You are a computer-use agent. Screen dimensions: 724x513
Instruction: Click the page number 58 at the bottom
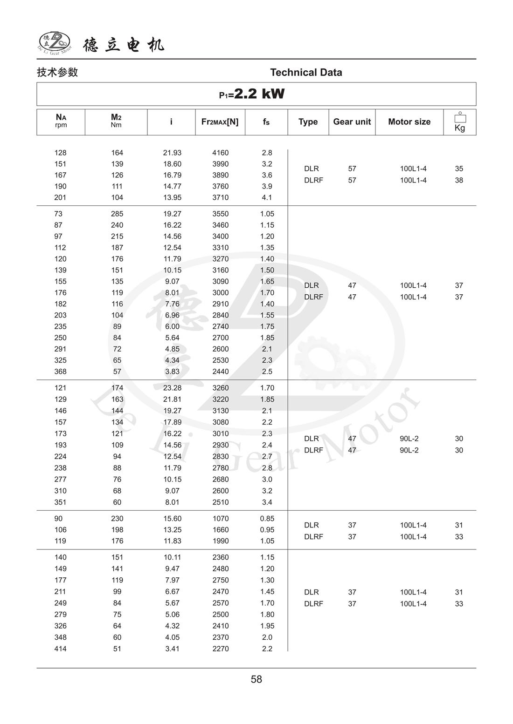pyautogui.click(x=256, y=679)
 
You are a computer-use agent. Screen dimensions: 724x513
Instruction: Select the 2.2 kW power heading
pyautogui.click(x=252, y=94)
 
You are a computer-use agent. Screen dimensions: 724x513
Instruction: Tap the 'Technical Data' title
pyautogui.click(x=306, y=72)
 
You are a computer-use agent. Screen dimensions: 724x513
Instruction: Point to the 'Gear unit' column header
pyautogui.click(x=352, y=122)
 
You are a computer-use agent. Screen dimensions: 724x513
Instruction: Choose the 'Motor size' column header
pyautogui.click(x=409, y=122)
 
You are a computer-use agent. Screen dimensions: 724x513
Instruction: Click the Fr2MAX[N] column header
pyautogui.click(x=220, y=122)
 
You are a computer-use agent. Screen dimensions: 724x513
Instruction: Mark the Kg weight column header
pyautogui.click(x=459, y=122)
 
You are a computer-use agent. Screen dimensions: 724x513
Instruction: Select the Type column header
pyautogui.click(x=308, y=122)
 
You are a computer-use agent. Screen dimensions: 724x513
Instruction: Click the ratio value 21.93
pyautogui.click(x=172, y=153)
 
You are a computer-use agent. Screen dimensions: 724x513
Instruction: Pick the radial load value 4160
pyautogui.click(x=220, y=153)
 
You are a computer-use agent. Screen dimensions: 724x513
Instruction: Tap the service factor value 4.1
pyautogui.click(x=267, y=197)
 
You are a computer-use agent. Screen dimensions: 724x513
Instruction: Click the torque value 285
pyautogui.click(x=117, y=214)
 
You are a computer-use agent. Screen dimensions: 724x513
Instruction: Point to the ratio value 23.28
pyautogui.click(x=172, y=388)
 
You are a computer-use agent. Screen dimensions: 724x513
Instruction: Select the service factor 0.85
pyautogui.click(x=267, y=518)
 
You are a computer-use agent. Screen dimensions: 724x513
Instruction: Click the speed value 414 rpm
pyautogui.click(x=60, y=649)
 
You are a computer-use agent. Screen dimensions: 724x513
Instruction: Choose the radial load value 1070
pyautogui.click(x=220, y=518)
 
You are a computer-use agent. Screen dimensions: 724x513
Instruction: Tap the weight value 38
pyautogui.click(x=459, y=180)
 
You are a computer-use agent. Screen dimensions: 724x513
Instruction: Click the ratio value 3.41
pyautogui.click(x=172, y=649)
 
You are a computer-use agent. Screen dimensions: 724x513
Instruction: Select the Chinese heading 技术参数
pyautogui.click(x=57, y=72)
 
